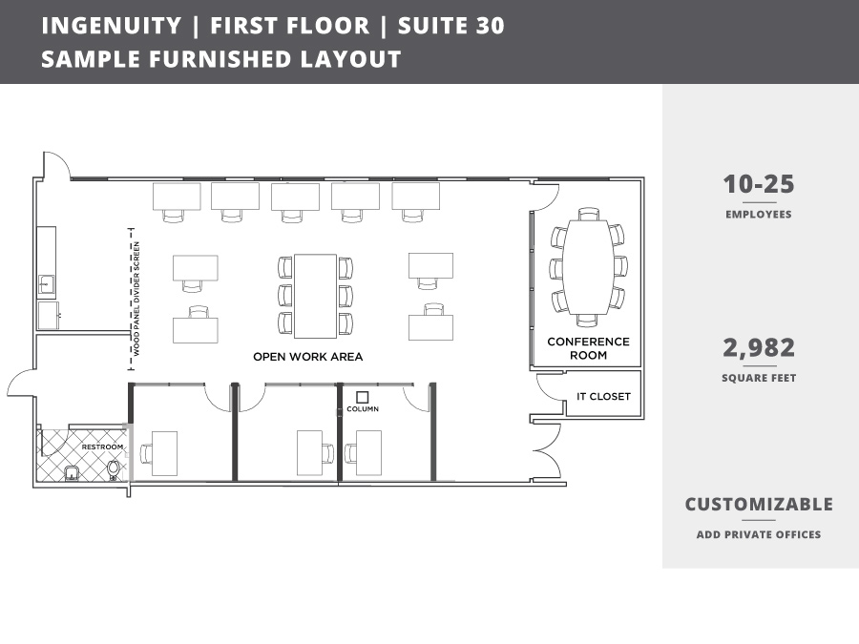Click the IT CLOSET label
[603, 397]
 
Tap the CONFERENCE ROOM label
[588, 348]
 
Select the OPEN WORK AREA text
[307, 357]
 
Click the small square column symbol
[362, 397]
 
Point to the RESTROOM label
[102, 447]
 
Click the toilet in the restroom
[115, 468]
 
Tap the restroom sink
[72, 472]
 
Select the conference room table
[588, 266]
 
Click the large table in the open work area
[315, 296]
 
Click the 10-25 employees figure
[758, 185]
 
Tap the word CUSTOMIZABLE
[758, 505]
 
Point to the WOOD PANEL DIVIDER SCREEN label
[136, 299]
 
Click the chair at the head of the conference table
[588, 215]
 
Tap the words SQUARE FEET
[758, 379]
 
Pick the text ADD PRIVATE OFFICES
[758, 534]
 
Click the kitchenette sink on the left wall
[46, 283]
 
